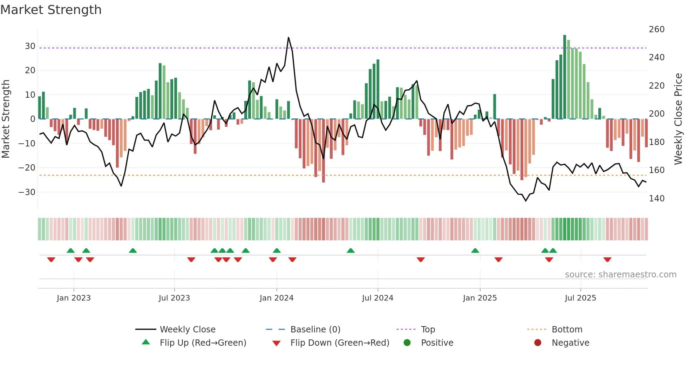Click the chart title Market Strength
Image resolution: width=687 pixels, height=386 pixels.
coord(51,10)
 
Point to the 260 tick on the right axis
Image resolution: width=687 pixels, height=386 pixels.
coord(656,29)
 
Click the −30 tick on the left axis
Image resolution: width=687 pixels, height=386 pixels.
coord(27,192)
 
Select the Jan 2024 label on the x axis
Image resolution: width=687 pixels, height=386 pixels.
coord(276,298)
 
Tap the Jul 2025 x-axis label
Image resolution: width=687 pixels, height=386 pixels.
coord(580,298)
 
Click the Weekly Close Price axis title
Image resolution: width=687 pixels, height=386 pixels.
coord(678,119)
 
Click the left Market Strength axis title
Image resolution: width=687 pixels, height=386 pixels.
coord(6,119)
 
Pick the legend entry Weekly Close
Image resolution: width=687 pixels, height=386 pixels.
coord(187,330)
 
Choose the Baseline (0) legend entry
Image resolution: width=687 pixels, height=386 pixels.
coord(315,330)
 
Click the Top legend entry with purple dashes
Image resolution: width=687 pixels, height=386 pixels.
coord(428,330)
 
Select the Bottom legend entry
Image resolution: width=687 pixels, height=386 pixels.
coord(566,330)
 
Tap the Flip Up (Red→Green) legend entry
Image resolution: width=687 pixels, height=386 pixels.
coord(203,343)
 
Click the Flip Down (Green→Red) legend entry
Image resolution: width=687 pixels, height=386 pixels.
coord(339,343)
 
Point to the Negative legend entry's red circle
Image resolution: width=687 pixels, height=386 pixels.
coord(537,343)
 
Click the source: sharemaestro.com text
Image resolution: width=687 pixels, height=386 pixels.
coord(620,275)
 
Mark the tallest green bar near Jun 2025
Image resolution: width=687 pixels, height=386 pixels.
coord(565,77)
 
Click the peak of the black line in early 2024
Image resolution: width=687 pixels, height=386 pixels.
coord(288,37)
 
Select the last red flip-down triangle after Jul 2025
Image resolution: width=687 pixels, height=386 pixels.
coord(607,260)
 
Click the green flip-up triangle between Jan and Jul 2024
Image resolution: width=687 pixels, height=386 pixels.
coord(351,250)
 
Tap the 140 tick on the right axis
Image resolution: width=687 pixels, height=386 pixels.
coord(656,199)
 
